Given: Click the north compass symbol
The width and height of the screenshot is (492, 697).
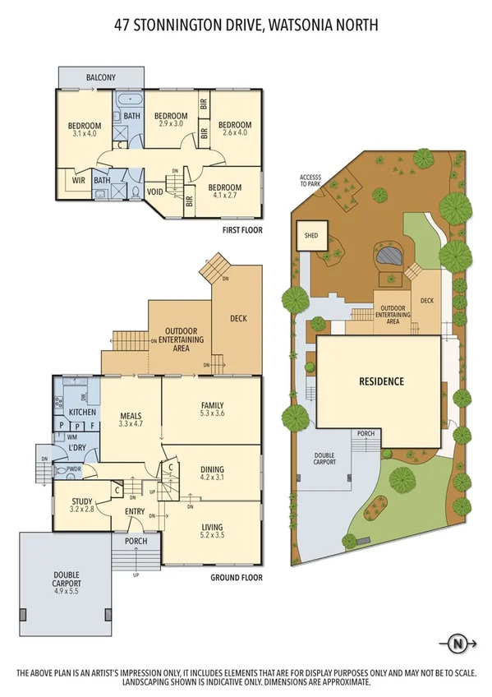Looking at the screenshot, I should (458, 643).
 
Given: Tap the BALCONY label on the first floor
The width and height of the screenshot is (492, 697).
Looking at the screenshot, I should (101, 78).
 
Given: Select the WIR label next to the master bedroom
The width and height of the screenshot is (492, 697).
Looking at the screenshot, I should (80, 179).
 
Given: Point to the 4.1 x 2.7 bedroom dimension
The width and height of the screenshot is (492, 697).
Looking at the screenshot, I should (223, 196).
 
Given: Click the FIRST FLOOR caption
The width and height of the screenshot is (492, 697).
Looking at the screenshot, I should (242, 230).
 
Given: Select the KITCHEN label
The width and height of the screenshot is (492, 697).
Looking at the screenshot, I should (83, 412).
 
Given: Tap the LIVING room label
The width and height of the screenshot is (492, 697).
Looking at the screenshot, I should (212, 527).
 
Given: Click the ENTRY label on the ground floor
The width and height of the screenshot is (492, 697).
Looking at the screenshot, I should (136, 512).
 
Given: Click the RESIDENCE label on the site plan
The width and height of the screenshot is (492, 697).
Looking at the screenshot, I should (381, 381).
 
